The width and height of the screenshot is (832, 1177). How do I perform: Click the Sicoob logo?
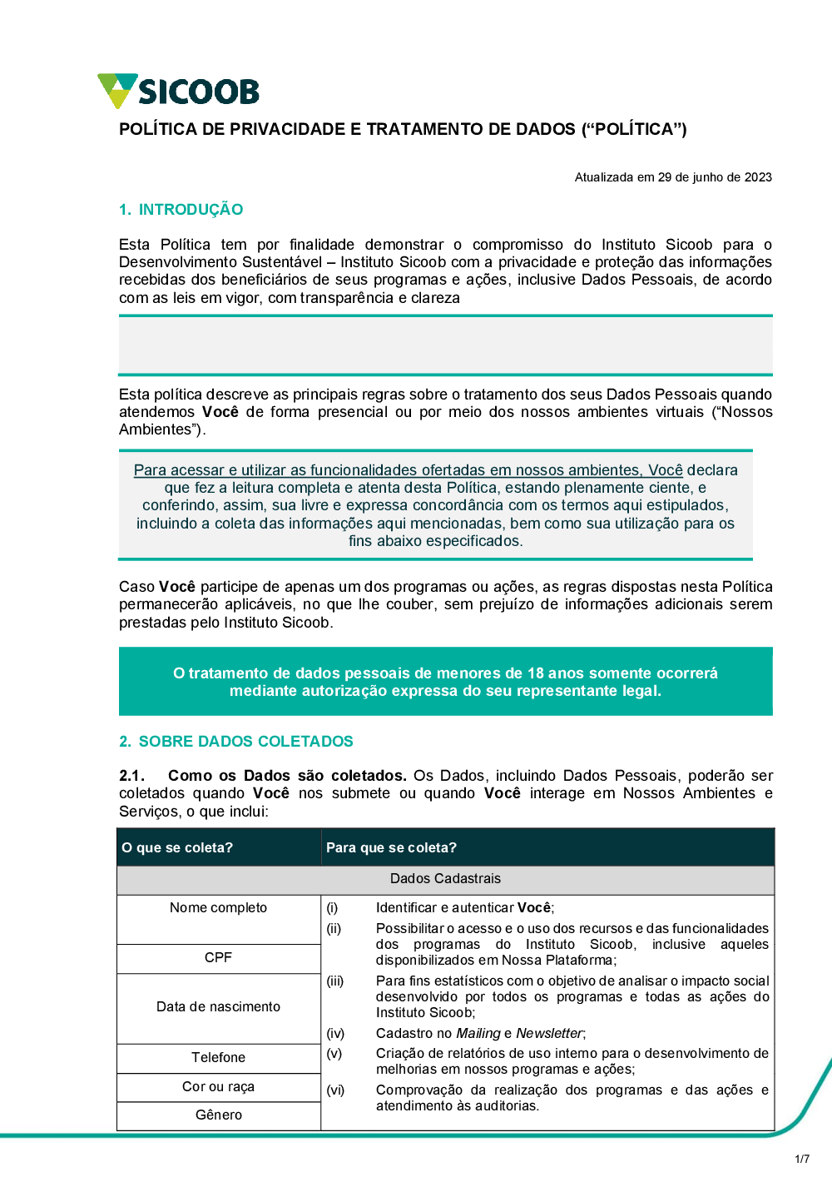(x=178, y=91)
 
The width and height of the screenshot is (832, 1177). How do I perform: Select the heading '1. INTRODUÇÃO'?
(x=181, y=210)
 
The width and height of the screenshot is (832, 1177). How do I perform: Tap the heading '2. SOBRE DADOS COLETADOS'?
(x=236, y=742)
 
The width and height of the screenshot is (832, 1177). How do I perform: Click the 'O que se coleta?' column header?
(x=177, y=847)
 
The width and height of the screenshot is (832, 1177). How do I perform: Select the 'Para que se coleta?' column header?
(x=391, y=847)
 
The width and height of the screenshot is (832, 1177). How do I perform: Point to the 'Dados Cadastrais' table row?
(x=445, y=879)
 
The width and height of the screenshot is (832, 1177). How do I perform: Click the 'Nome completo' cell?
(x=219, y=908)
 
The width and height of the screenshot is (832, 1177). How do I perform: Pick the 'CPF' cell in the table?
(x=219, y=958)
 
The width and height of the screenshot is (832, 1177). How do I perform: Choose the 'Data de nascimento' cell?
(x=219, y=1007)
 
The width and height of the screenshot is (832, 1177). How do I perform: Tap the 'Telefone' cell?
(x=219, y=1058)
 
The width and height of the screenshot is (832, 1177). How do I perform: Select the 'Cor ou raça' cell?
(x=219, y=1087)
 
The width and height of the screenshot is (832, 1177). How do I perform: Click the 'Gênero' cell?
(x=219, y=1115)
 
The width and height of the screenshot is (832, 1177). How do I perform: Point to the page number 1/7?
(x=802, y=1159)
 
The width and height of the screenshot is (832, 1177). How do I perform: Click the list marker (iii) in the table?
(x=335, y=981)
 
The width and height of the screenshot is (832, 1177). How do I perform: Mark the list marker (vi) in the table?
(x=335, y=1090)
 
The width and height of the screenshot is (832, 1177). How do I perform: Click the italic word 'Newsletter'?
(x=549, y=1034)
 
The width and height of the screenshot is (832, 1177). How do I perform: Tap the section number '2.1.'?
(x=131, y=776)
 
